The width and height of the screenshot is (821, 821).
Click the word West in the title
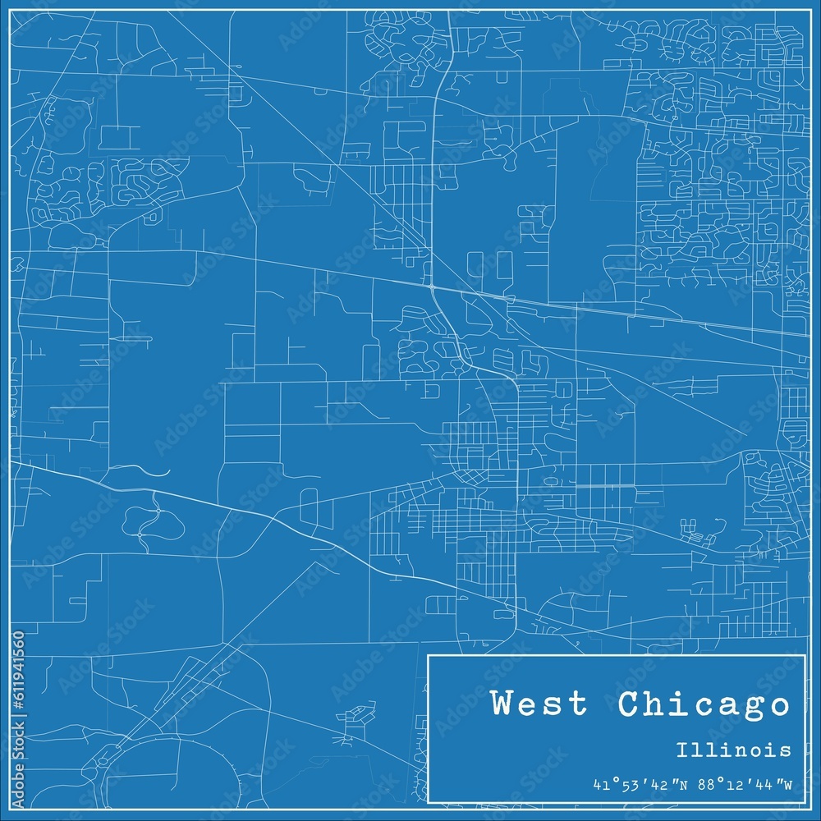coord(539,704)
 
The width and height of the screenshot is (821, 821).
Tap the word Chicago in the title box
coord(704,705)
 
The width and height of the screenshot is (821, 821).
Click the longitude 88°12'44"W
coord(744,785)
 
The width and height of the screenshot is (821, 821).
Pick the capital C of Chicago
coord(628,704)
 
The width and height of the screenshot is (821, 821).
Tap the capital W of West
coord(503,704)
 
